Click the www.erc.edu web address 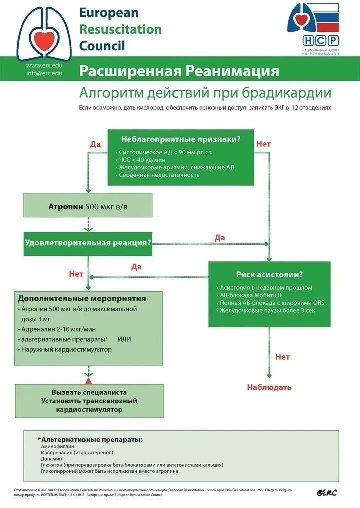click(44, 65)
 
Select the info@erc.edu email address click(44, 73)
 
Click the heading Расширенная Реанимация click(179, 71)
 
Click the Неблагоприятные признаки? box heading click(180, 139)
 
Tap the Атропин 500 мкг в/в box click(88, 206)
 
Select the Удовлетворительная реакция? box click(88, 243)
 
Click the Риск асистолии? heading click(269, 274)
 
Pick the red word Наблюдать click(269, 387)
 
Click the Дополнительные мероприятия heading click(82, 299)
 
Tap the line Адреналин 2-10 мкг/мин click(58, 329)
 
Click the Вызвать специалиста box click(89, 401)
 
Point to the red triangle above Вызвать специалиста click(89, 381)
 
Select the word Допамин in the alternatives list click(52, 458)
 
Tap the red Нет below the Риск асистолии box click(282, 357)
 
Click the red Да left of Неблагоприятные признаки click(95, 144)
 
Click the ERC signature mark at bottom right click(327, 492)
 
